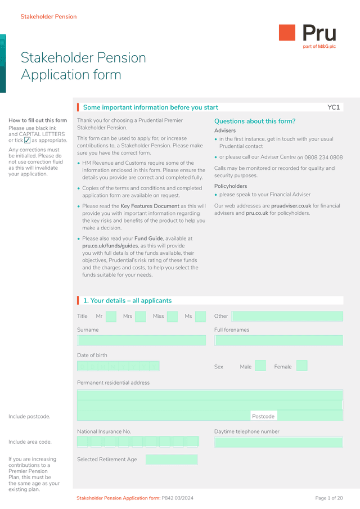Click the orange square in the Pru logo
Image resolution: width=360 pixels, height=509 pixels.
(x=287, y=33)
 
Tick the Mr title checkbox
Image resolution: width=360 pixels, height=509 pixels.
(x=111, y=316)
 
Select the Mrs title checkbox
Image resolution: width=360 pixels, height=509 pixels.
(x=141, y=316)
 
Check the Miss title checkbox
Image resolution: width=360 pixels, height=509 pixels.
(x=172, y=316)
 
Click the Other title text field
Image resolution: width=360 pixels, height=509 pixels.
(x=287, y=316)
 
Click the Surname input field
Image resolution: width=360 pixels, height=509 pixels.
(x=142, y=340)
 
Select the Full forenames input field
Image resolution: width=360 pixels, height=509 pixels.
(x=278, y=340)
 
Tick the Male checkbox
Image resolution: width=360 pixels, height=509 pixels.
(x=260, y=366)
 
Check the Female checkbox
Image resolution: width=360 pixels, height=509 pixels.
(x=301, y=366)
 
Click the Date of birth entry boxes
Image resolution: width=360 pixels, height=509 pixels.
(x=118, y=366)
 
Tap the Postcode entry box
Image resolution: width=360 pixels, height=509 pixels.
(x=310, y=416)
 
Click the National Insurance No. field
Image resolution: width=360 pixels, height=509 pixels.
(x=138, y=442)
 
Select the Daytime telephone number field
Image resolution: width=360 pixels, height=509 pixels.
(x=278, y=442)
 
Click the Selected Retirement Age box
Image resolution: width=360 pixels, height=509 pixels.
(x=172, y=460)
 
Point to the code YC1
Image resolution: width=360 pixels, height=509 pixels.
(x=334, y=107)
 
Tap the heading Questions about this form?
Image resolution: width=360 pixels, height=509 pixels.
(x=255, y=121)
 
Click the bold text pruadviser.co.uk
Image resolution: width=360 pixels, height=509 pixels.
(x=291, y=206)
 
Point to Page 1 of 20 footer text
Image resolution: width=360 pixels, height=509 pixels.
(x=328, y=498)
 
